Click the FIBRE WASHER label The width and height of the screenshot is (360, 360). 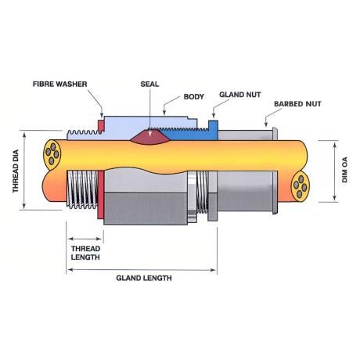point(60,85)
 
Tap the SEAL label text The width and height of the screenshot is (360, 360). point(149,85)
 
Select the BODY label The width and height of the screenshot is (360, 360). point(193,97)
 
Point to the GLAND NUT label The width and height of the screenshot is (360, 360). point(240,95)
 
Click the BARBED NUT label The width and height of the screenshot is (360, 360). point(297,104)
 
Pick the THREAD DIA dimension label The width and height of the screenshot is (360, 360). point(16,171)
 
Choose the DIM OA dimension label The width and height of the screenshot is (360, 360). point(344,170)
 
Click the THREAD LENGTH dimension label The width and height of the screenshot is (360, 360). point(85,253)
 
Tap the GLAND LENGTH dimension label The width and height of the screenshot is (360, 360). point(144,278)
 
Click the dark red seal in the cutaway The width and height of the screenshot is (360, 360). point(149,137)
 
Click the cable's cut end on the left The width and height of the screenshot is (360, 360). point(52,153)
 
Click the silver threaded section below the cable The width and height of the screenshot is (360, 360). point(82,189)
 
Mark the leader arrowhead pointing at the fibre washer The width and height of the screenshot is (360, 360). point(102,115)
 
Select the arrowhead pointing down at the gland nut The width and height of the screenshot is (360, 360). point(214,115)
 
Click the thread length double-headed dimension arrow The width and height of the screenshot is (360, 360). point(85,239)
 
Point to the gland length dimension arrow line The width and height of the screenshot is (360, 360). point(142,270)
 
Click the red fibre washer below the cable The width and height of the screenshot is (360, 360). point(101,195)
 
